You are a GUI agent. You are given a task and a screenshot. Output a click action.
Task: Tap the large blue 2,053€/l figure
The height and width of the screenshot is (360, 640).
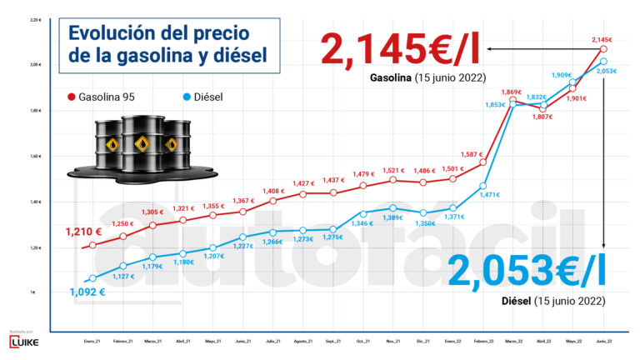tap(526, 268)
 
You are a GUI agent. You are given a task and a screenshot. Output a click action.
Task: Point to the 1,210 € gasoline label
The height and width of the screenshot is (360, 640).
tap(84, 232)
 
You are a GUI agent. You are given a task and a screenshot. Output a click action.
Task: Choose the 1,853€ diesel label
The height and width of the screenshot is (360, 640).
tap(494, 105)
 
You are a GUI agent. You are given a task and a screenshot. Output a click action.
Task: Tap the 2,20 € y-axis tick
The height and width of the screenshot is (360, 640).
tap(33, 19)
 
